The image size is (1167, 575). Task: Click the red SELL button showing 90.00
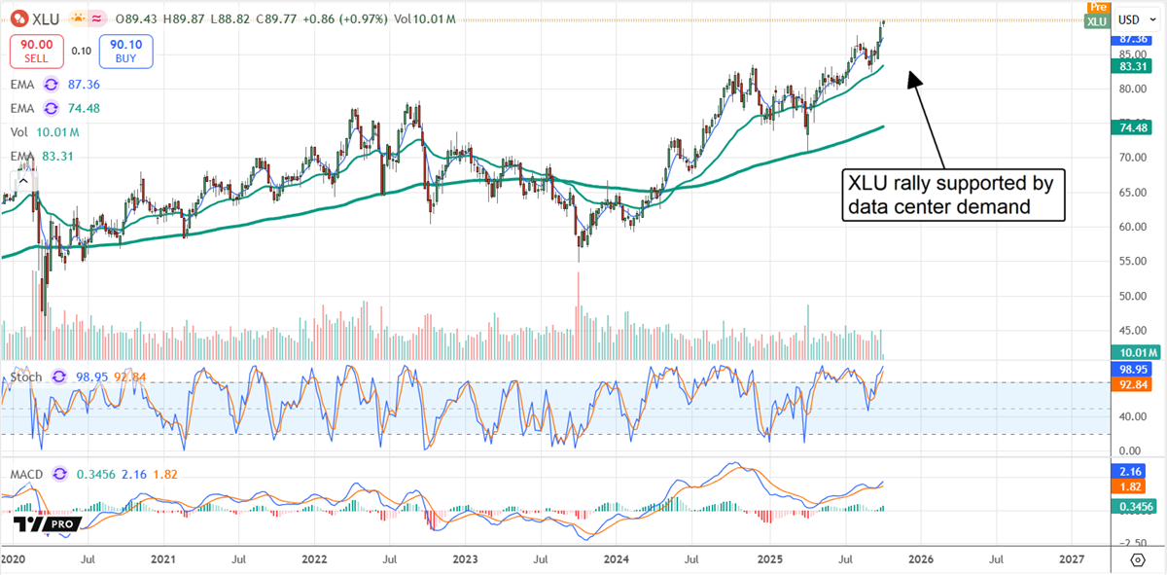(37, 50)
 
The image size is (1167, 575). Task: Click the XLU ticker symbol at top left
(44, 18)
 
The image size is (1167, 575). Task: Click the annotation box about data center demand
(953, 195)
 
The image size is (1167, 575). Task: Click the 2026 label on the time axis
(920, 560)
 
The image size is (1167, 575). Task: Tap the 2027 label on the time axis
(1071, 560)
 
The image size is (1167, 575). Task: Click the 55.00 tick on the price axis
(1129, 262)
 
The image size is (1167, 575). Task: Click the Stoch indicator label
(26, 377)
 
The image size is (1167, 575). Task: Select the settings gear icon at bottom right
(1137, 560)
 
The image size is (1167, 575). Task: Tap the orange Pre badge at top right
(1097, 7)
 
